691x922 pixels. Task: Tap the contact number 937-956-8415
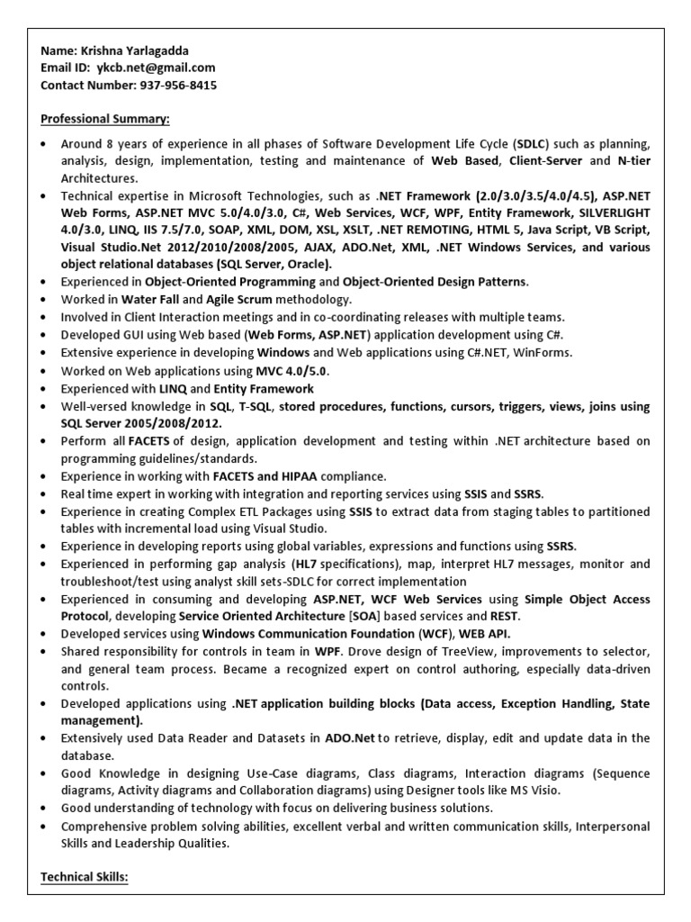[178, 85]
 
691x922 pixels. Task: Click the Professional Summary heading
[105, 119]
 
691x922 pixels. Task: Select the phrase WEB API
[461, 633]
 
